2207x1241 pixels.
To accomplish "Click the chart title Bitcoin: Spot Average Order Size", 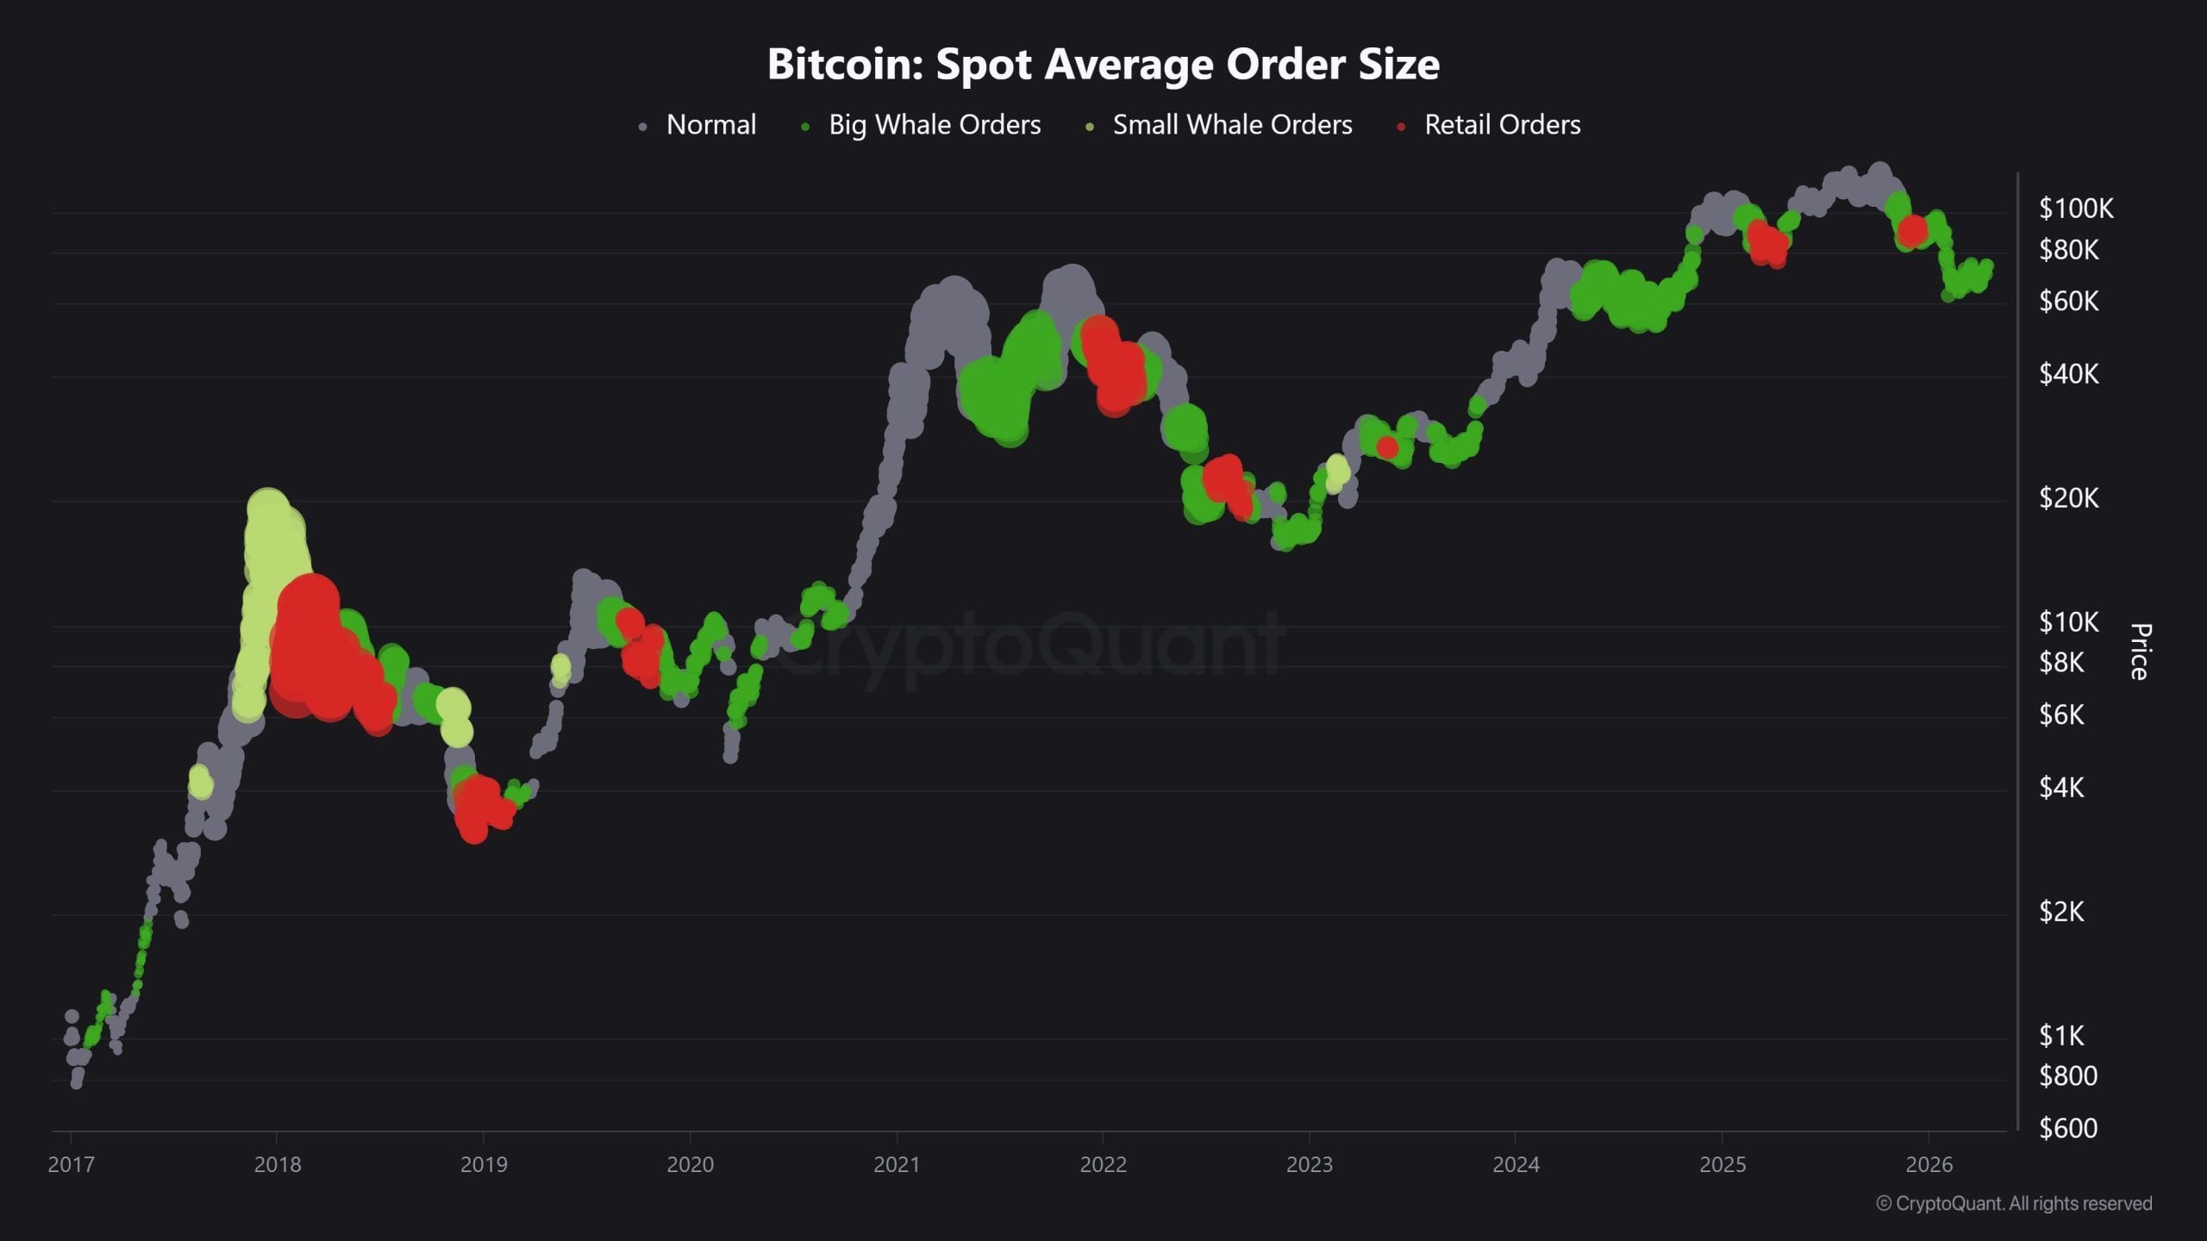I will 1103,64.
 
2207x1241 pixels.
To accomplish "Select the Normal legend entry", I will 710,125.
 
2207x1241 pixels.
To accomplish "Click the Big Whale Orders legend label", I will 934,125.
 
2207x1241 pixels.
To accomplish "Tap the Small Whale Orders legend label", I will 1231,125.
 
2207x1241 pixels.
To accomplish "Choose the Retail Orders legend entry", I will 1502,125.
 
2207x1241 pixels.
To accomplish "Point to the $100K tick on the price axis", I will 2075,208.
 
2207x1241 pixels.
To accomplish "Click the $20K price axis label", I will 2068,497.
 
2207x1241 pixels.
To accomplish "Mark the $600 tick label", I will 2067,1127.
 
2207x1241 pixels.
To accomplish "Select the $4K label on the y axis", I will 2060,787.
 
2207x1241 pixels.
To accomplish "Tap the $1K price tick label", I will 2060,1034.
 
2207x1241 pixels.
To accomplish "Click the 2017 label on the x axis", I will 71,1164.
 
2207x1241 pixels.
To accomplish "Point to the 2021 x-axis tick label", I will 897,1164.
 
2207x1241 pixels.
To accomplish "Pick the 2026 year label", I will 1929,1164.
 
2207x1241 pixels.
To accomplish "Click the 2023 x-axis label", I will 1309,1164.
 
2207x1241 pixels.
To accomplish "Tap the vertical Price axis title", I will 2140,652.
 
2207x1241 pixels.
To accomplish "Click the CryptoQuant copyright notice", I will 2014,1203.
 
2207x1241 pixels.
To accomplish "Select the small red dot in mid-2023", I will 1387,447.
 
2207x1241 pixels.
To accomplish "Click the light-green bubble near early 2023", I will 1337,471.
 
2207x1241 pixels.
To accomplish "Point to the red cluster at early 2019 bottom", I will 477,808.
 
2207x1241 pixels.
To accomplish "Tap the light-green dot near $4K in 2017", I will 200,782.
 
